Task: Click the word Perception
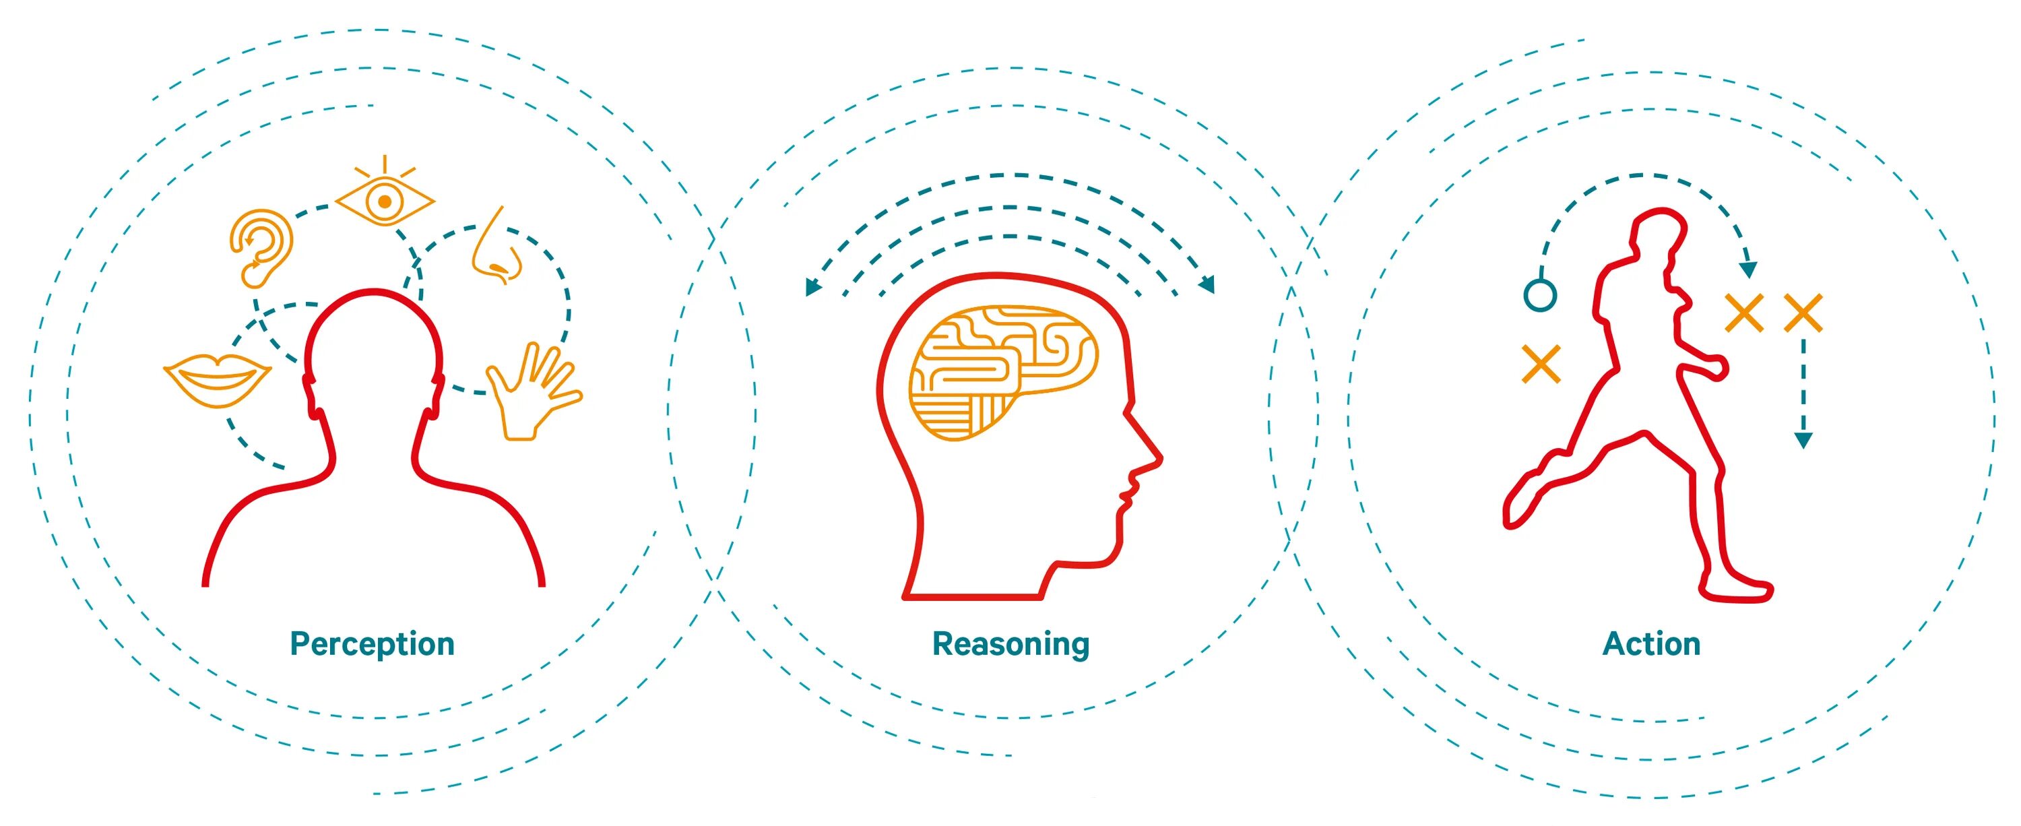pyautogui.click(x=372, y=644)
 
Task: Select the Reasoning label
pyautogui.click(x=1010, y=644)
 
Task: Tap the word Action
pyautogui.click(x=1650, y=644)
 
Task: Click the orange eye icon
pyautogui.click(x=385, y=201)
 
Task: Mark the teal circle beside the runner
pyautogui.click(x=1540, y=295)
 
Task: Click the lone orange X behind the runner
pyautogui.click(x=1541, y=364)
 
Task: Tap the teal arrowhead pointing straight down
pyautogui.click(x=1803, y=440)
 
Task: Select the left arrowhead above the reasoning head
pyautogui.click(x=813, y=287)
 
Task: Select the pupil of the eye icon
pyautogui.click(x=385, y=201)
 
